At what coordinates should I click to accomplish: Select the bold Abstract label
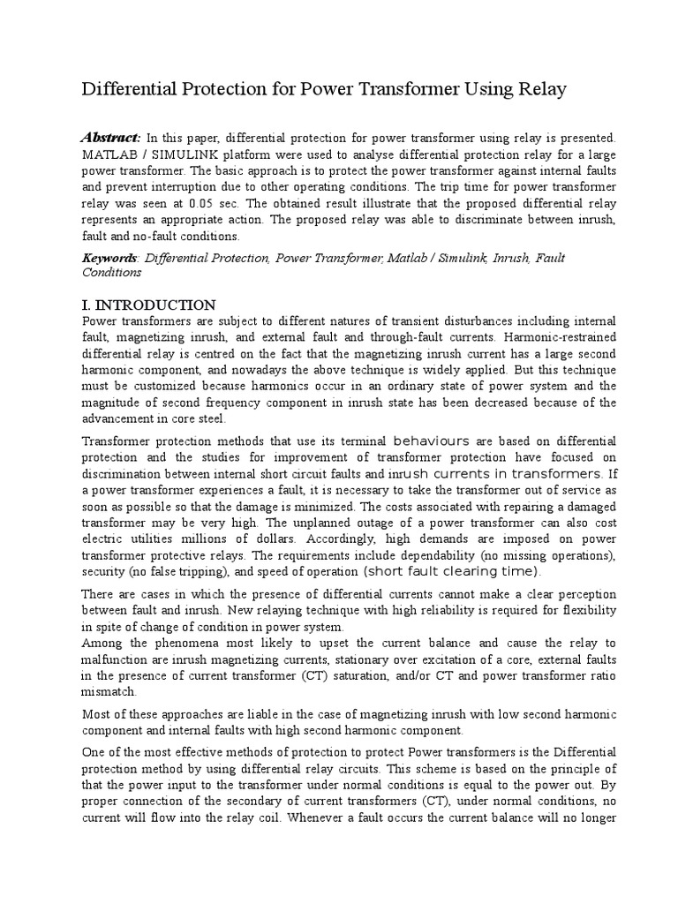tap(110, 138)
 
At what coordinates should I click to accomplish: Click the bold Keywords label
tap(109, 258)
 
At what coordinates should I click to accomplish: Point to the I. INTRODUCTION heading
tap(148, 305)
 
